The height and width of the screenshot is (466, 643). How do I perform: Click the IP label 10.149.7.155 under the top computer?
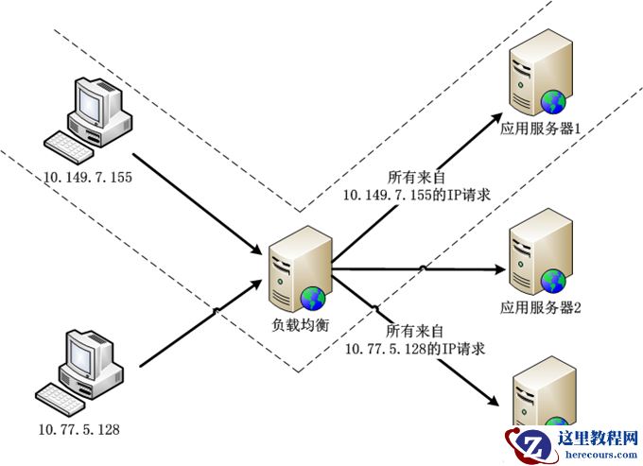86,177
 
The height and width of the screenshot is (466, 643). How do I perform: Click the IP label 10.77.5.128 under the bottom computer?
78,430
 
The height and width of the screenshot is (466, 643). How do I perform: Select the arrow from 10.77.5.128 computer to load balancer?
199,320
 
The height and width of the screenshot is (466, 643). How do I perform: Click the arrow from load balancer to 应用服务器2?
416,270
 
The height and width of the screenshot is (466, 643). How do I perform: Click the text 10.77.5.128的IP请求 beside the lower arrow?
414,348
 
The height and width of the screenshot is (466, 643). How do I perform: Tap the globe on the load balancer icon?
313,299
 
